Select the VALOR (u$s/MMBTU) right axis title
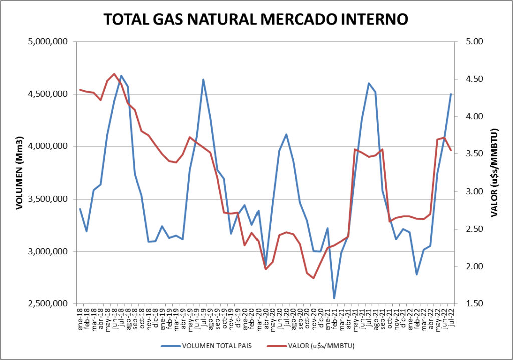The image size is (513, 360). [494, 172]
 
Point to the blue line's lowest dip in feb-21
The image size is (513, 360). [334, 298]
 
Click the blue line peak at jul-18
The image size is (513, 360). [121, 76]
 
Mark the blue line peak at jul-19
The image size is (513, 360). [203, 79]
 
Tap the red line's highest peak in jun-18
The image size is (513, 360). [114, 74]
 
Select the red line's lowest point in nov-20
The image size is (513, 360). [314, 278]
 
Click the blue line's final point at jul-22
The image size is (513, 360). [451, 94]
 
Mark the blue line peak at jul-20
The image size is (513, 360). [286, 134]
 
